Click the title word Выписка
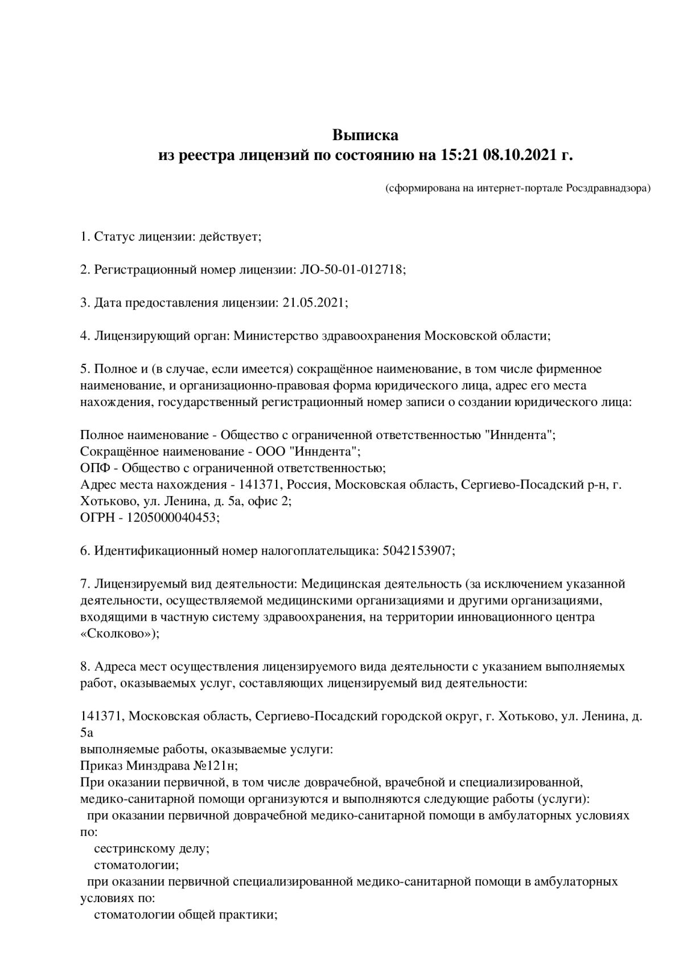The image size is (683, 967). click(365, 136)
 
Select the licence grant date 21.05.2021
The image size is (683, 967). click(314, 302)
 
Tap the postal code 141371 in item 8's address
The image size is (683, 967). click(101, 716)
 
